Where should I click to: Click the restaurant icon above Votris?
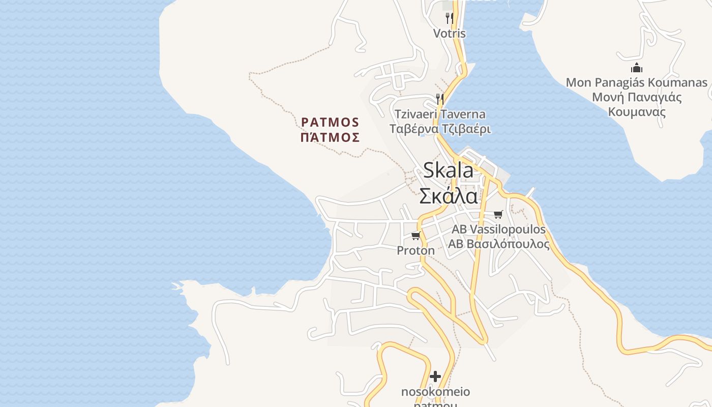click(x=449, y=18)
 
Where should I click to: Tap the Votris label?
click(x=449, y=34)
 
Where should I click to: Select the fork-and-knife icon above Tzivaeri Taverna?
click(x=440, y=99)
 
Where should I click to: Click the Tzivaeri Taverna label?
click(x=440, y=114)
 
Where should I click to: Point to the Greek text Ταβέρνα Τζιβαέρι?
click(x=440, y=129)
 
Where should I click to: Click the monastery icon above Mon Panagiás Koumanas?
click(x=636, y=68)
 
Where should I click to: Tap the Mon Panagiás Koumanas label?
click(x=636, y=82)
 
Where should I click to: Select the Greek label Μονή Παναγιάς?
click(x=637, y=97)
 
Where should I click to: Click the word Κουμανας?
click(x=637, y=112)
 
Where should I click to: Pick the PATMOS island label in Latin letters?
click(x=330, y=123)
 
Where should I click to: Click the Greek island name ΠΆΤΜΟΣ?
click(x=330, y=137)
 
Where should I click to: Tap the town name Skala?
click(x=448, y=171)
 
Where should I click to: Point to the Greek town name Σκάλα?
click(x=448, y=196)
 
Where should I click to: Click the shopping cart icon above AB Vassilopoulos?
click(x=498, y=214)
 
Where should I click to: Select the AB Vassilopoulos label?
click(x=498, y=229)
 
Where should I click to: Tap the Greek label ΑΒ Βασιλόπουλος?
click(x=498, y=244)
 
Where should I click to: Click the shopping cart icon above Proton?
click(x=416, y=236)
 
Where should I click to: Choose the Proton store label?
click(x=416, y=250)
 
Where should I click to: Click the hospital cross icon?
click(x=435, y=376)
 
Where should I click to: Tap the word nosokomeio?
click(x=435, y=392)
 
